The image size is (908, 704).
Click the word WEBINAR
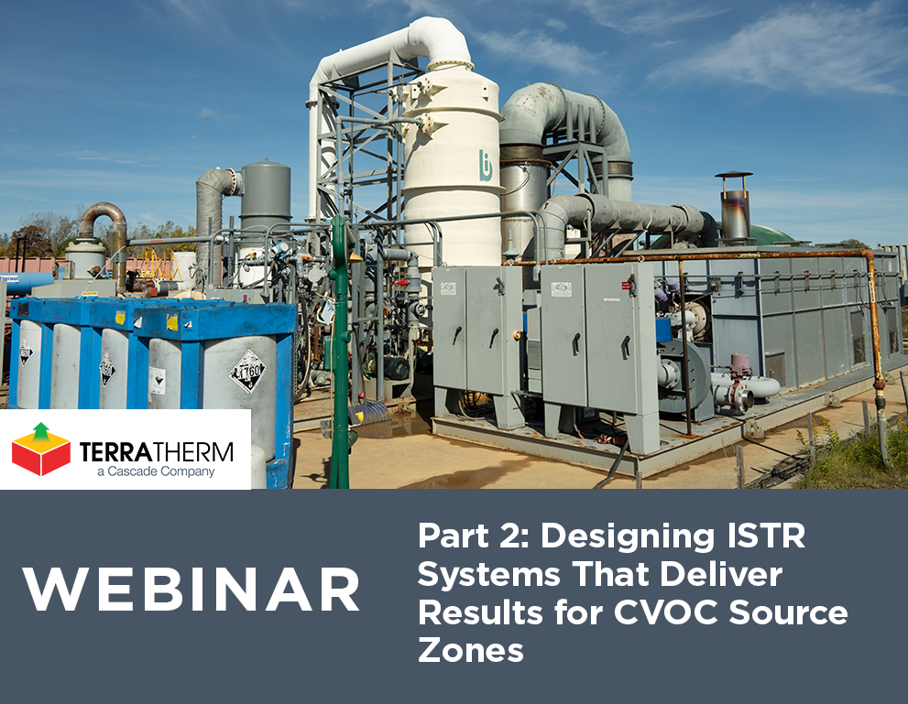click(x=191, y=590)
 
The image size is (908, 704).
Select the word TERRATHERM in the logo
click(x=156, y=451)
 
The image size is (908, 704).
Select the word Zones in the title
click(x=471, y=650)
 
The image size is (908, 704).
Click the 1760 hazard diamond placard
click(x=246, y=370)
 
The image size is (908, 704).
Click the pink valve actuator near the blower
click(x=739, y=364)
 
